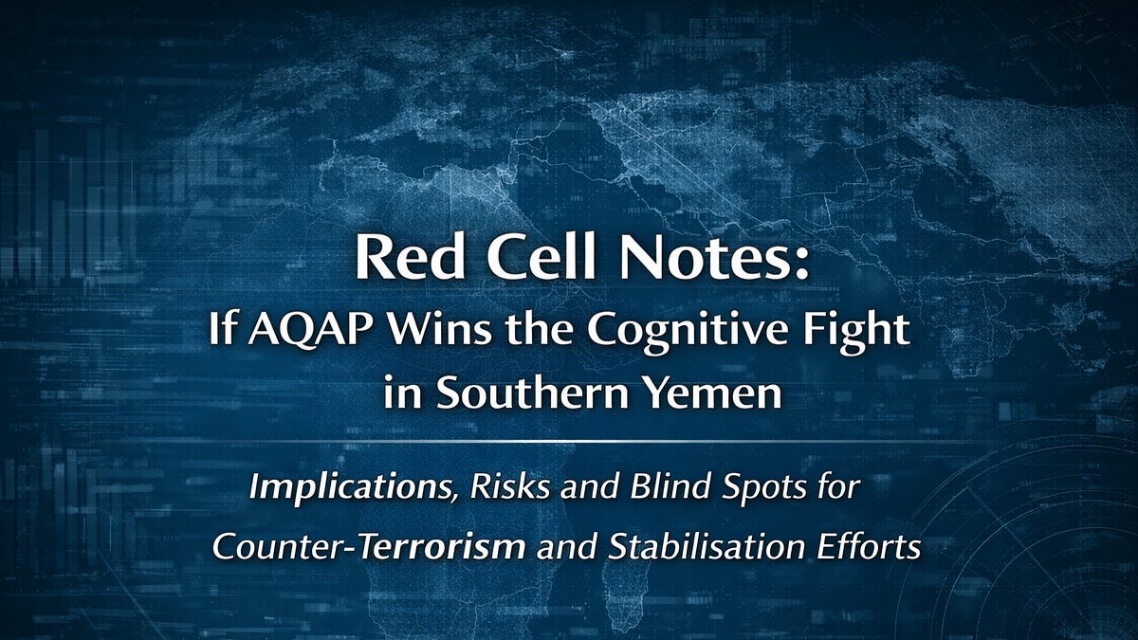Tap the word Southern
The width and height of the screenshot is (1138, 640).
(x=521, y=393)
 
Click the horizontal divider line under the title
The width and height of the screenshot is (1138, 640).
(x=569, y=441)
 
